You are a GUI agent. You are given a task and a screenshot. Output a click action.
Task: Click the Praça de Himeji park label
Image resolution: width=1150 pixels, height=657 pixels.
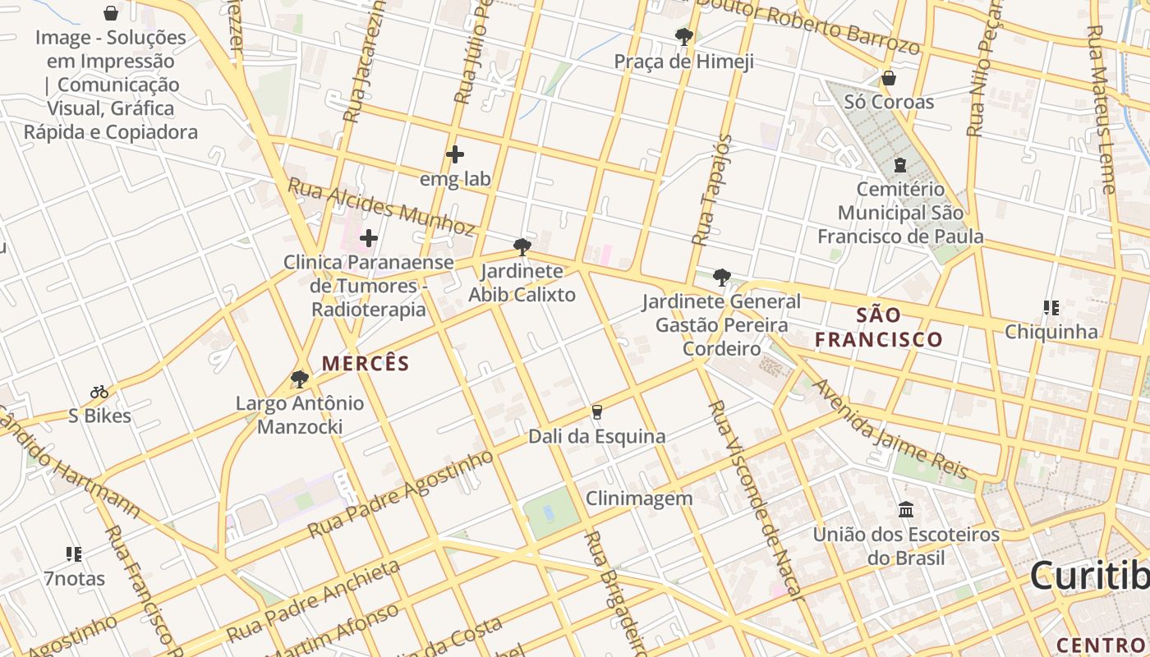[x=683, y=62]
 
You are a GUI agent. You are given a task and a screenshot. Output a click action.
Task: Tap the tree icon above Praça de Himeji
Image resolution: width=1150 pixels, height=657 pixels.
[x=683, y=37]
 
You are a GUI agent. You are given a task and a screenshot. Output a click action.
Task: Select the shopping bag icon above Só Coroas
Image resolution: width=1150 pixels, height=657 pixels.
[x=888, y=78]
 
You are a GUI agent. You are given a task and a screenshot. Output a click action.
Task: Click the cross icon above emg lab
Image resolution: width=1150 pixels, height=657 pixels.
[x=454, y=154]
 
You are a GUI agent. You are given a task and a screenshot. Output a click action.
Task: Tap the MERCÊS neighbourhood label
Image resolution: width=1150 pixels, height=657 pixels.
[x=365, y=363]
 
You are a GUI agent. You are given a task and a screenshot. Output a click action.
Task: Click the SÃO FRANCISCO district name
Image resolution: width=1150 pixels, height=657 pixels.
[x=878, y=327]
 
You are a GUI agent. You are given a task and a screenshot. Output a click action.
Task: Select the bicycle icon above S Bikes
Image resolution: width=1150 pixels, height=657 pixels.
[x=99, y=392]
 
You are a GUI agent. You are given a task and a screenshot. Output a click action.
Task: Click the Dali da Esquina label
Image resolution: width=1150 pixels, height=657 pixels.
[x=596, y=436]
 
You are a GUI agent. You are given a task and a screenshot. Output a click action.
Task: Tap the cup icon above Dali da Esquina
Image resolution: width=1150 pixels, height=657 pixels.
[x=597, y=411]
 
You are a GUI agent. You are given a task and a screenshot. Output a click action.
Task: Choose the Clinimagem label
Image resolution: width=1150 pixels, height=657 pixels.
[x=639, y=498]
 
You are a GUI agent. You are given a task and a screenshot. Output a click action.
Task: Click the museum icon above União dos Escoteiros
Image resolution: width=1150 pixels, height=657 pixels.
[x=906, y=510]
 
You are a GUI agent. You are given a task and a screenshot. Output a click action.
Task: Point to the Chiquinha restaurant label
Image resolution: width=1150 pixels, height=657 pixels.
[x=1051, y=332]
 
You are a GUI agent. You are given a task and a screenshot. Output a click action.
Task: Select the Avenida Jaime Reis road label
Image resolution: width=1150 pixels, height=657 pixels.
[x=892, y=429]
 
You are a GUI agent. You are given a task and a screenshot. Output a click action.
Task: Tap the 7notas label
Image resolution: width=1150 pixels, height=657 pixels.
[x=75, y=579]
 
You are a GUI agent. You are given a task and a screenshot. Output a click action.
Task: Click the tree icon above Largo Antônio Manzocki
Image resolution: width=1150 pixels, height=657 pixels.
[x=300, y=379]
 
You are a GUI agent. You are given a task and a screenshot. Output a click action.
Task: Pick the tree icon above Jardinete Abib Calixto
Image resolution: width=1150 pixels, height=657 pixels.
[x=522, y=246]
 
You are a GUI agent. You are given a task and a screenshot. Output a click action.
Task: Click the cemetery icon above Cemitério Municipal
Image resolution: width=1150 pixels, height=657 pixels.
[x=899, y=164]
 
